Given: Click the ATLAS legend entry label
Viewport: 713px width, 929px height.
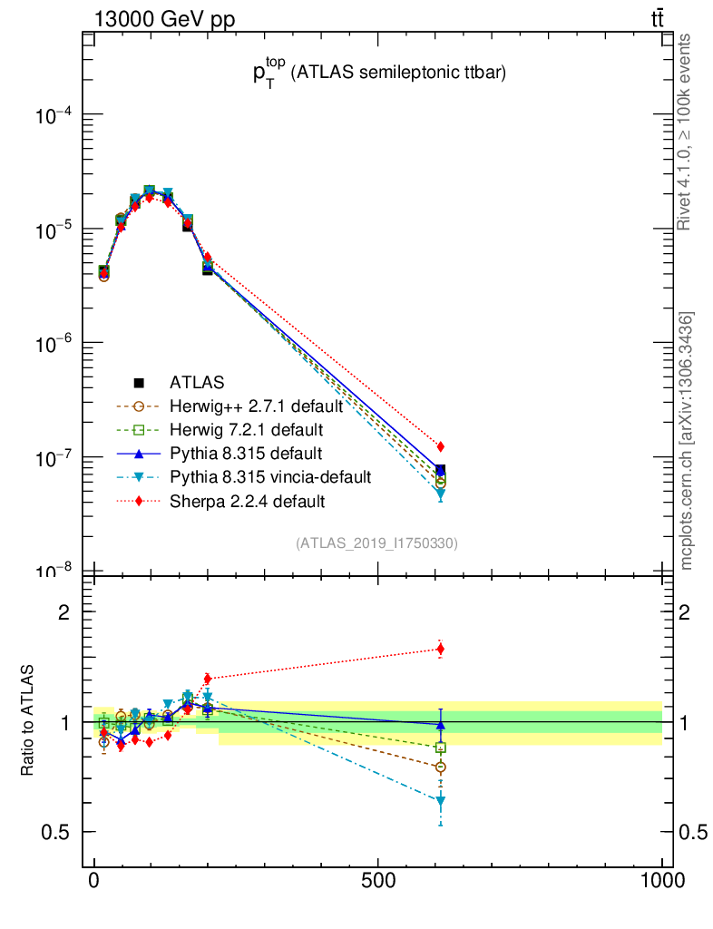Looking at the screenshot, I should pyautogui.click(x=197, y=383).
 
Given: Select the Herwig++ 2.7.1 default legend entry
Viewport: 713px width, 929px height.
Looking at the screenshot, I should pyautogui.click(x=255, y=406).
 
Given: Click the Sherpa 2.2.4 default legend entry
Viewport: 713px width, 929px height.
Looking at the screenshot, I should pyautogui.click(x=247, y=501).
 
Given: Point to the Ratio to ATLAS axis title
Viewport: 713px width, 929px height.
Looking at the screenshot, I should pyautogui.click(x=29, y=722).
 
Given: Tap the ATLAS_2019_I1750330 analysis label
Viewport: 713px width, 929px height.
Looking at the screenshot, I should pyautogui.click(x=376, y=543).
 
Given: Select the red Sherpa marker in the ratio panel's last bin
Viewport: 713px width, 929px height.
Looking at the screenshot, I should pyautogui.click(x=440, y=649).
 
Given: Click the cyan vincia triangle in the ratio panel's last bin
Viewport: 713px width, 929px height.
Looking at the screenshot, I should pyautogui.click(x=440, y=801).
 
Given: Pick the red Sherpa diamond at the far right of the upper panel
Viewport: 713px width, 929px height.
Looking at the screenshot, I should pyautogui.click(x=440, y=446).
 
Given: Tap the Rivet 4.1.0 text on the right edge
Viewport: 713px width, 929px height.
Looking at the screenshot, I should pyautogui.click(x=687, y=132).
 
